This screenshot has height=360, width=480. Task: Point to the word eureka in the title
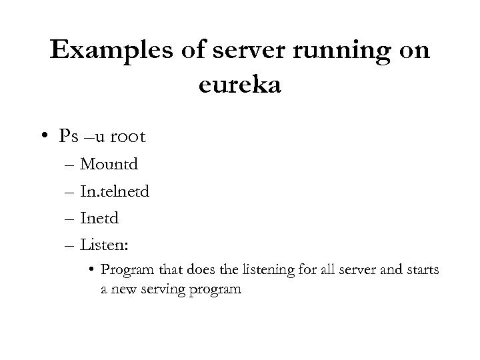pos(240,85)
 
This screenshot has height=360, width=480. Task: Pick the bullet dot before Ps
pos(42,137)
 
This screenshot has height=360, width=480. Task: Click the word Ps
pos(69,137)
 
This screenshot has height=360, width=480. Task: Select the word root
pos(127,137)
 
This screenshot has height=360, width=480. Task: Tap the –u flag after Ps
pos(95,137)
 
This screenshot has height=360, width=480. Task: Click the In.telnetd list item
pos(115,191)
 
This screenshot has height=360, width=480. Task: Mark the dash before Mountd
pos(71,164)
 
